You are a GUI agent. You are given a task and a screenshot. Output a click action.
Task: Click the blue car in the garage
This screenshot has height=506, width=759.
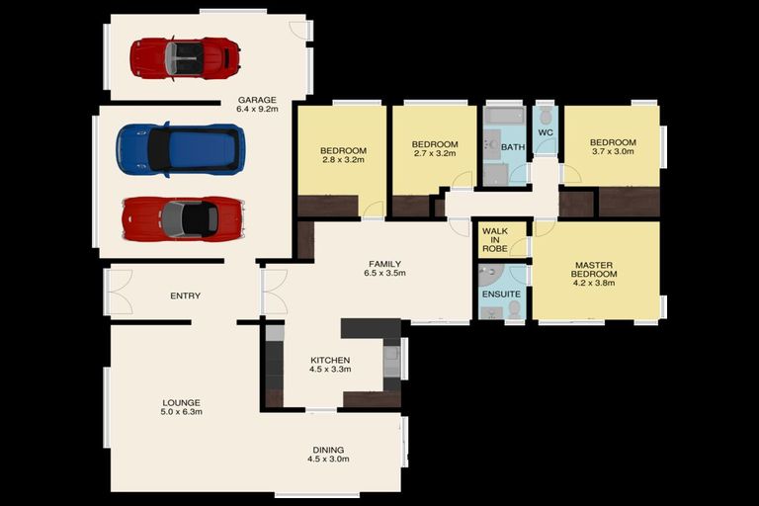180,149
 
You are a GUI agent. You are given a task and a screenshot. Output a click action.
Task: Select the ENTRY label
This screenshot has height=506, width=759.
186,295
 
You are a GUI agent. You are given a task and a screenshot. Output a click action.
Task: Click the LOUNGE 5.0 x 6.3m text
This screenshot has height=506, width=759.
181,407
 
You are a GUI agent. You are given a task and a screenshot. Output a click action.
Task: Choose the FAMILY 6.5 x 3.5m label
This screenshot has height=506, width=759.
384,268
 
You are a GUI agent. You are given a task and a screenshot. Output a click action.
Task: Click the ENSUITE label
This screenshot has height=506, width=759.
501,294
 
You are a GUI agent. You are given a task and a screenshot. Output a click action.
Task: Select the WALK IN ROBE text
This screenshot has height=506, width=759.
495,240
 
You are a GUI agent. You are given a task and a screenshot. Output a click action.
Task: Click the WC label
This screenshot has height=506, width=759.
546,132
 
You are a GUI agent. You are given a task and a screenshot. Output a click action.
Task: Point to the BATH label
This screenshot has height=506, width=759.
513,146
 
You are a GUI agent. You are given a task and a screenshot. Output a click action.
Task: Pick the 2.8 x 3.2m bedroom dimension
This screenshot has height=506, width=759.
343,159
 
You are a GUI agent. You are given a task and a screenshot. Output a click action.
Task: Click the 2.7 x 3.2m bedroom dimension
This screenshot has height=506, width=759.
435,153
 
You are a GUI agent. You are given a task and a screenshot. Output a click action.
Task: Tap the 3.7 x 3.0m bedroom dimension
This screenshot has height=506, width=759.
613,151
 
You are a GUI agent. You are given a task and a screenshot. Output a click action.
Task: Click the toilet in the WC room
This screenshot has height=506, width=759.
546,116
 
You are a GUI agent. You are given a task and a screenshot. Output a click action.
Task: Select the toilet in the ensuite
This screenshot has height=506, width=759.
514,310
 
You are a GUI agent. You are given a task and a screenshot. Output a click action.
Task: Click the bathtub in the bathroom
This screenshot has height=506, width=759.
504,117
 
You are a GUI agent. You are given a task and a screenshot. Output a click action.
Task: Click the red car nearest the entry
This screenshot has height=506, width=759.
183,218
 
